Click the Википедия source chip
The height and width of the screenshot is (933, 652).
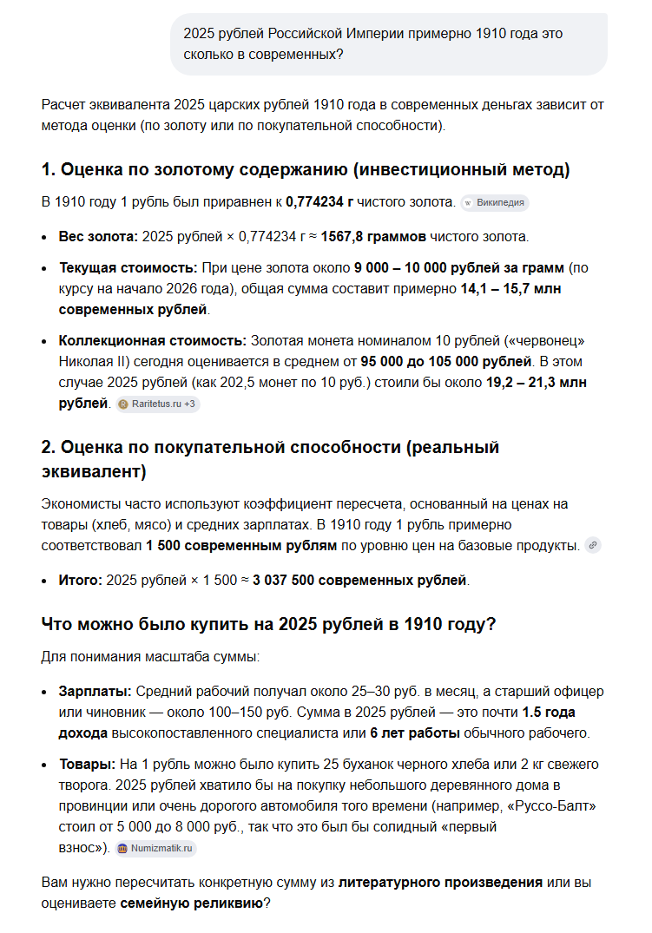tap(495, 203)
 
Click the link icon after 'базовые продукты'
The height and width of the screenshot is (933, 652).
tap(593, 546)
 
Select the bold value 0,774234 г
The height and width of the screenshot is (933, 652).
tap(319, 202)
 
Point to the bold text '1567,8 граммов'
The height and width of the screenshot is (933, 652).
tap(379, 237)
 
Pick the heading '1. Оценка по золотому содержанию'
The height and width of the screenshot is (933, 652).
tap(305, 169)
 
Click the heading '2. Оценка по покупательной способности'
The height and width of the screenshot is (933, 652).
tap(270, 459)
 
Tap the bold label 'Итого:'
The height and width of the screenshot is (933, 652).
tap(80, 580)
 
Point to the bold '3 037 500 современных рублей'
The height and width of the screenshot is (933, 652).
tap(360, 580)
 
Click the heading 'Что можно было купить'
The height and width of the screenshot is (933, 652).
tap(267, 625)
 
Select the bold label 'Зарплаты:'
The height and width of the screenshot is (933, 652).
tap(95, 692)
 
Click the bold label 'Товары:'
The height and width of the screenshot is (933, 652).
tap(87, 765)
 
